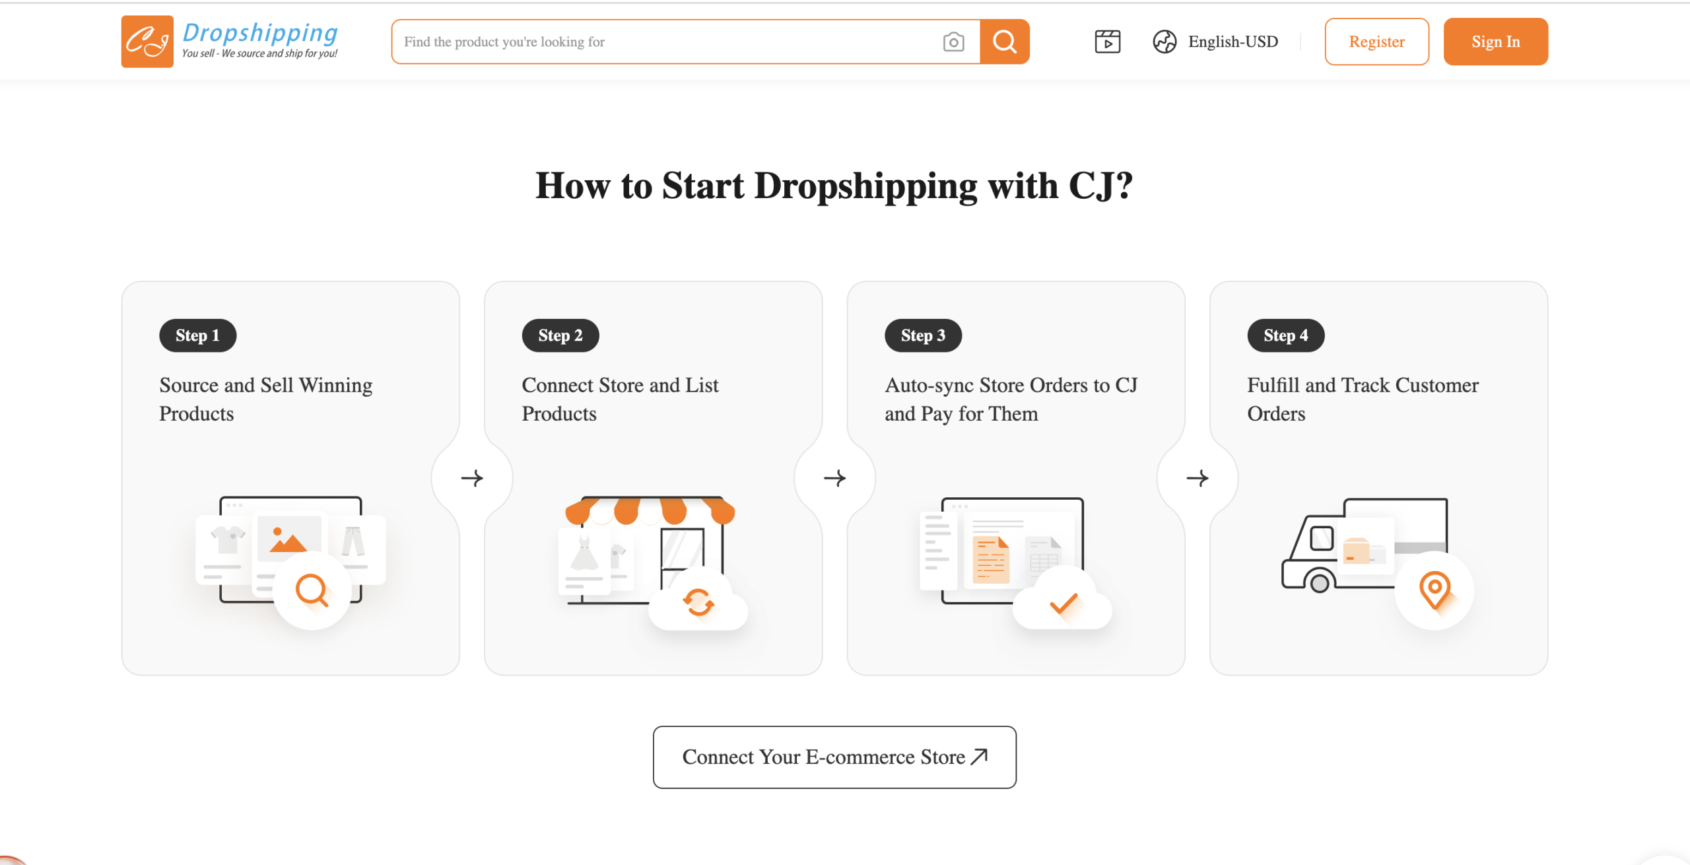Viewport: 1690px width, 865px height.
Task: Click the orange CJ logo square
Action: [x=147, y=42]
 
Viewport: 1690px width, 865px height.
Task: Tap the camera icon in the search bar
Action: [x=953, y=42]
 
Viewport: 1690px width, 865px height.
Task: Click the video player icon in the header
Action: [x=1107, y=42]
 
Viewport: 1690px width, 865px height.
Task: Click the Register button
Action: [x=1376, y=42]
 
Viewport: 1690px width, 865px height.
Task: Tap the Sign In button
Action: [x=1495, y=42]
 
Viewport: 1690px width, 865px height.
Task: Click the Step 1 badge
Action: [x=197, y=335]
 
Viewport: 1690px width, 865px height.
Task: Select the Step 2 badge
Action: [x=560, y=335]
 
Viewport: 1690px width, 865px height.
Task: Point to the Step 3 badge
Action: [x=923, y=335]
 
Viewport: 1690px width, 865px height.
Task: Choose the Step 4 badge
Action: [x=1285, y=335]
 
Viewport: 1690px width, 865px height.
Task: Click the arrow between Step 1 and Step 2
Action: [x=472, y=478]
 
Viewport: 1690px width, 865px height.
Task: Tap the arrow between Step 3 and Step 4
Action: [x=1198, y=478]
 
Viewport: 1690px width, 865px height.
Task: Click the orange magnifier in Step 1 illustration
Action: [x=312, y=590]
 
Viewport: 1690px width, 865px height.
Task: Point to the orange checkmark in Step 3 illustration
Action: [x=1064, y=602]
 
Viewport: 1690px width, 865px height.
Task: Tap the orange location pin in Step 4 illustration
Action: [x=1435, y=590]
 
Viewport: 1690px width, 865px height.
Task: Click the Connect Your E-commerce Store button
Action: [x=834, y=757]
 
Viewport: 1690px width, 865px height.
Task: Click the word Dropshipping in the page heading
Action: [x=865, y=186]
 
